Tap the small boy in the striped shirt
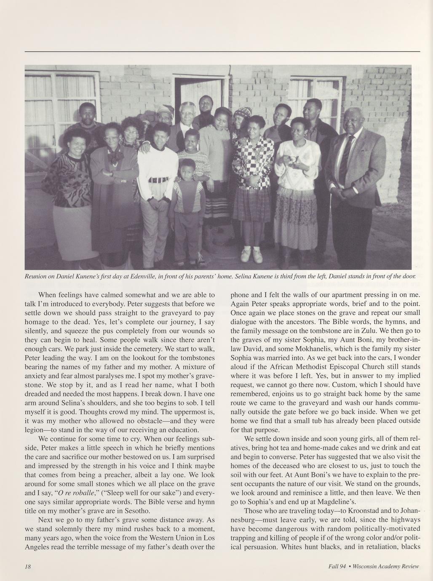[187, 198]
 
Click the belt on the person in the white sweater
[157, 180]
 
